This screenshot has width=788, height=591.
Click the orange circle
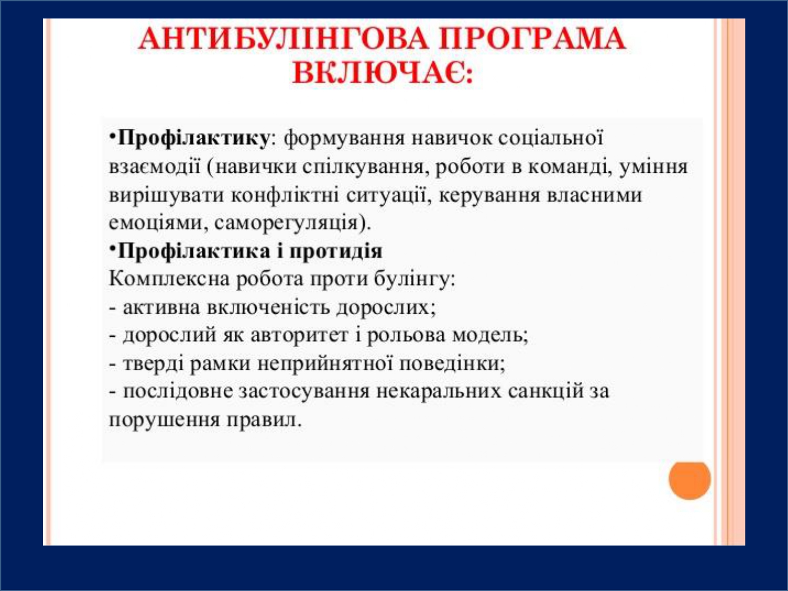(x=690, y=480)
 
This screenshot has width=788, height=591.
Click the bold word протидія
(x=336, y=251)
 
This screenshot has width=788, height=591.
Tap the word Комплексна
(x=169, y=279)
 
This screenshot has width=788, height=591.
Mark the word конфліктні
(x=285, y=195)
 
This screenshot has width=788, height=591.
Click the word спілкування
(x=362, y=167)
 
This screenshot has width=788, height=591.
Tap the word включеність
(x=268, y=307)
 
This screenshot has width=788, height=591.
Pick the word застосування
(x=304, y=391)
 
